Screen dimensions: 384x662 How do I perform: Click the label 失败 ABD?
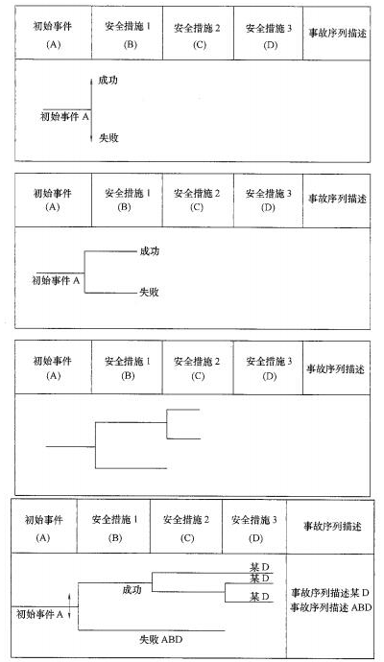161,639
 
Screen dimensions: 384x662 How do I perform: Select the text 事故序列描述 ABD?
331,607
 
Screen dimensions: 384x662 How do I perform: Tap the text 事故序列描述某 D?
330,593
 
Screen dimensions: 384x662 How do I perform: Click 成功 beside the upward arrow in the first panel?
108,80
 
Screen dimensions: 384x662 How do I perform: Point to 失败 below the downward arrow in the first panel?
108,137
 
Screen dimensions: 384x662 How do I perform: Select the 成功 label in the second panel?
149,251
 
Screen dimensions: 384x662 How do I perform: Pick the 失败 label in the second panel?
149,293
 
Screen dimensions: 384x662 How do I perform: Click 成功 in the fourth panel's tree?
132,590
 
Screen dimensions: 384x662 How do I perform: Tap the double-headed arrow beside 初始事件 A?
69,605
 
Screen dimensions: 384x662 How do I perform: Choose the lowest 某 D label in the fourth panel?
259,597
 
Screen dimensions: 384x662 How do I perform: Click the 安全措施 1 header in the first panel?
128,26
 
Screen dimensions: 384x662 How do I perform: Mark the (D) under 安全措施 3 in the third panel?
269,376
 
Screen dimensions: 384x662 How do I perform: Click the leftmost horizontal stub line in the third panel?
70,446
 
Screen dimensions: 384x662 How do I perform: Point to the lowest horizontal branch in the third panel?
131,468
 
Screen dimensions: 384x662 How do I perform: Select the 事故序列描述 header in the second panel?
337,199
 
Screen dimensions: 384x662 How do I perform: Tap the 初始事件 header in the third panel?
53,361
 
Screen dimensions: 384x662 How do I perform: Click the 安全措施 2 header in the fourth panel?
186,520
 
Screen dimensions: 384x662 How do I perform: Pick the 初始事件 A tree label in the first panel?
64,117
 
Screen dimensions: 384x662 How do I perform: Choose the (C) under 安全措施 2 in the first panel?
199,44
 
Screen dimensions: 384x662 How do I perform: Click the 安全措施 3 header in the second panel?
268,194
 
